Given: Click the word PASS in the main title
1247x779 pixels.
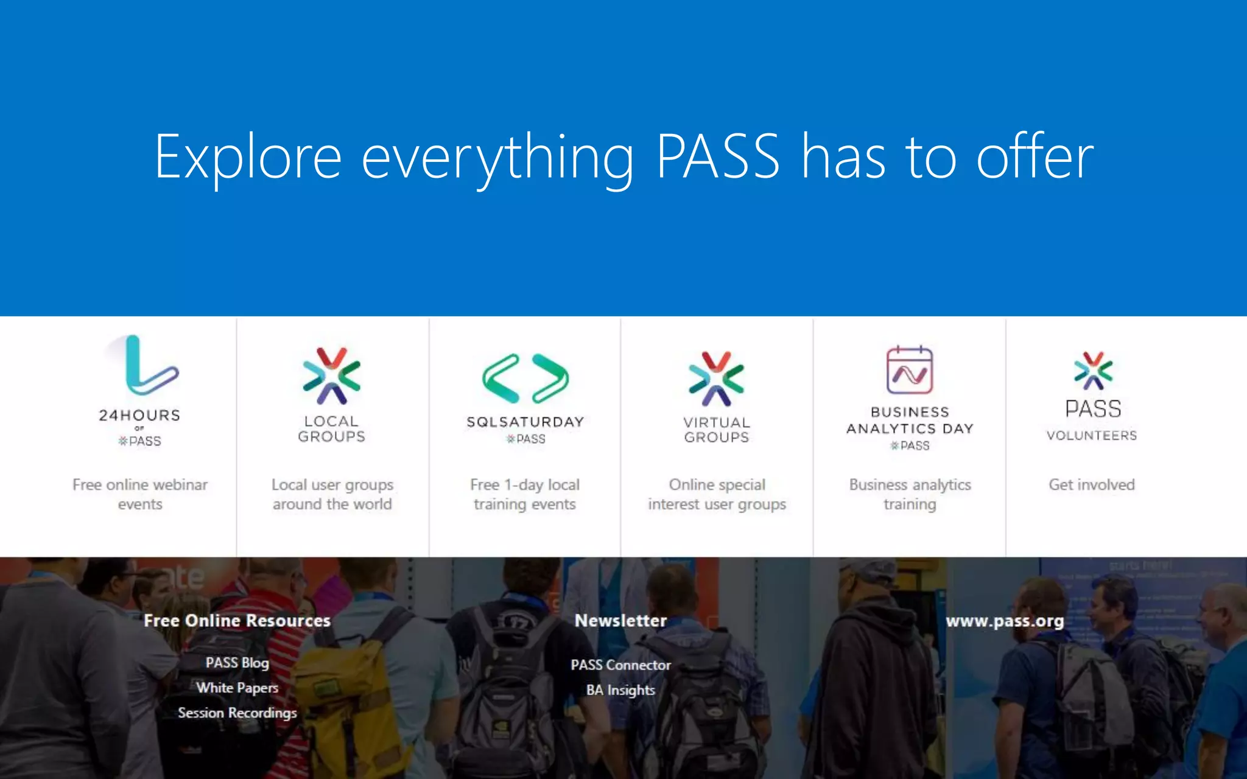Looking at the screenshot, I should point(718,156).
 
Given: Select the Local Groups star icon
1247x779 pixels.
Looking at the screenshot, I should point(332,376).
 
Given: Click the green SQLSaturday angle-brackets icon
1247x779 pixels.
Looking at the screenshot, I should point(525,379).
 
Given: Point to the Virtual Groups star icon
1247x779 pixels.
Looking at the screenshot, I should point(717,379).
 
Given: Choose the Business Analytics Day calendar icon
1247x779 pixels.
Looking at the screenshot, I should point(910,370).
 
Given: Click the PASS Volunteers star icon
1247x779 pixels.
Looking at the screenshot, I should point(1093,370).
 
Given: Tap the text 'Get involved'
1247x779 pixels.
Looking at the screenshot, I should point(1092,484).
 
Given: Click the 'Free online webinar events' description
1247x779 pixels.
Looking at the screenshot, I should point(140,494).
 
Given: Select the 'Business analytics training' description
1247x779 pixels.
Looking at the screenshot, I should point(910,494).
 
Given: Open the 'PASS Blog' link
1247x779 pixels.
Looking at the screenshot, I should point(237,662).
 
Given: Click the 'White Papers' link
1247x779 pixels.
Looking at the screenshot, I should point(237,688).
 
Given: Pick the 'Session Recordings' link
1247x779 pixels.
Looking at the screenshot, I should point(237,713).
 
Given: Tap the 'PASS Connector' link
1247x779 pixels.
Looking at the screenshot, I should point(621,665).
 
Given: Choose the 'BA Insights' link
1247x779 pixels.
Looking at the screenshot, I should point(621,690).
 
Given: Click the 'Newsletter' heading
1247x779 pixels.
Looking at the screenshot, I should point(621,620).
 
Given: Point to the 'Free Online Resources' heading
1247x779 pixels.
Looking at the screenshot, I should point(237,620).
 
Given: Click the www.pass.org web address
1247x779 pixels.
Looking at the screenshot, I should point(1005,621).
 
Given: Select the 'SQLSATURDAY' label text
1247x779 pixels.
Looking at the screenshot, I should point(525,422).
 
